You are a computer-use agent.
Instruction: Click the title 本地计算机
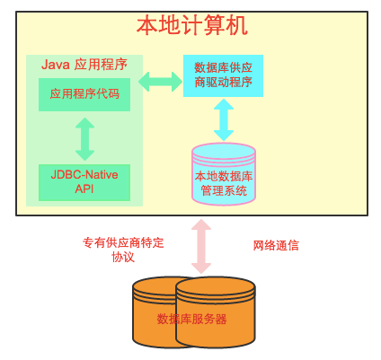click(x=192, y=26)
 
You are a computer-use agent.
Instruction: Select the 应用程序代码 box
click(x=84, y=94)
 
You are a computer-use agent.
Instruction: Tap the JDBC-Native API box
click(x=84, y=182)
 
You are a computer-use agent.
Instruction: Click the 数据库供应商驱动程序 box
click(x=223, y=75)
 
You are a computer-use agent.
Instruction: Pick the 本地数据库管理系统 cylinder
click(x=224, y=174)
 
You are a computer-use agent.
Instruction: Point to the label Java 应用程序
click(x=84, y=65)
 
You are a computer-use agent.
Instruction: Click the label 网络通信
click(x=276, y=245)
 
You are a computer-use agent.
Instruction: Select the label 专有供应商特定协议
click(x=123, y=250)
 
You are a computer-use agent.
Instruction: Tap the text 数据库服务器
click(x=192, y=319)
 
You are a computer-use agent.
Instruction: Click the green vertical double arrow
click(x=84, y=139)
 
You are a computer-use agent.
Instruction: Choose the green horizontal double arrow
click(x=161, y=82)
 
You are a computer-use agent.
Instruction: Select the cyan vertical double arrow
click(x=224, y=119)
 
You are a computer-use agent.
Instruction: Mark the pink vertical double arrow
click(x=201, y=246)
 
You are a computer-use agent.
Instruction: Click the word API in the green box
click(x=84, y=189)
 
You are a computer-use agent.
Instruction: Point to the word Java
click(x=56, y=65)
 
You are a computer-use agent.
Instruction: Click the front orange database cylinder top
click(x=216, y=289)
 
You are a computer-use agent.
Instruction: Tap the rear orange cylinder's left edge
click(x=133, y=312)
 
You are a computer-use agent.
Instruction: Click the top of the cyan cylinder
click(x=224, y=152)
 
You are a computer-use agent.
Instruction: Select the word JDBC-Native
click(x=84, y=175)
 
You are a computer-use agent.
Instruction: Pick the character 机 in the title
click(x=237, y=26)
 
